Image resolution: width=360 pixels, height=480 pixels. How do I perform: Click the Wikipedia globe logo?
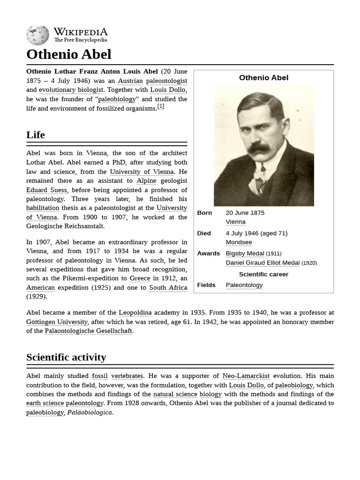37,35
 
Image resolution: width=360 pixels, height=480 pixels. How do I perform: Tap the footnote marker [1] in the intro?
160,106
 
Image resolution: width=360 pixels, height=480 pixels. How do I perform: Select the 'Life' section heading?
36,135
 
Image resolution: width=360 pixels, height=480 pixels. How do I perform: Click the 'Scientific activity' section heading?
66,357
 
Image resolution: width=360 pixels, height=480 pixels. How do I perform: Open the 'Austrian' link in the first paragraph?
130,81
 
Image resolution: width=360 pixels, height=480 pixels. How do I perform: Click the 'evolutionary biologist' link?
71,90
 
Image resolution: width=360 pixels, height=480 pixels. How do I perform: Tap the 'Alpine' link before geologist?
146,180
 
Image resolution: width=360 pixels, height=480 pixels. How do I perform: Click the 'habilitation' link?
43,208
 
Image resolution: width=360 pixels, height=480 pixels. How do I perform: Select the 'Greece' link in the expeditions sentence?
140,278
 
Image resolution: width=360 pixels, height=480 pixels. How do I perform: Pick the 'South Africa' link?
168,287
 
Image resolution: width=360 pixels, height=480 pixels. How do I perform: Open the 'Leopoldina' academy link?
135,313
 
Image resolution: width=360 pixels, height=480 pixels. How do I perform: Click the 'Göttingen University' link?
57,322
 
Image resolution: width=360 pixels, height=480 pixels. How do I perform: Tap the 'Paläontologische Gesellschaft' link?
88,331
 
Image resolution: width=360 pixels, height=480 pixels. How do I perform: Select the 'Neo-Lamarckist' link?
246,376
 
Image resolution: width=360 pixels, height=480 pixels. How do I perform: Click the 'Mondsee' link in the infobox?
239,242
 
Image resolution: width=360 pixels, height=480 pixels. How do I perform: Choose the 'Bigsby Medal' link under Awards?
245,254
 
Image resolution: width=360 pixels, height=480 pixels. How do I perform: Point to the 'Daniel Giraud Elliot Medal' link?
262,263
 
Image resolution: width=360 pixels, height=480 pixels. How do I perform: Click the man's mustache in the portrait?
259,148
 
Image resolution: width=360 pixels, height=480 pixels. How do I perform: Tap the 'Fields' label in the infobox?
206,285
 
